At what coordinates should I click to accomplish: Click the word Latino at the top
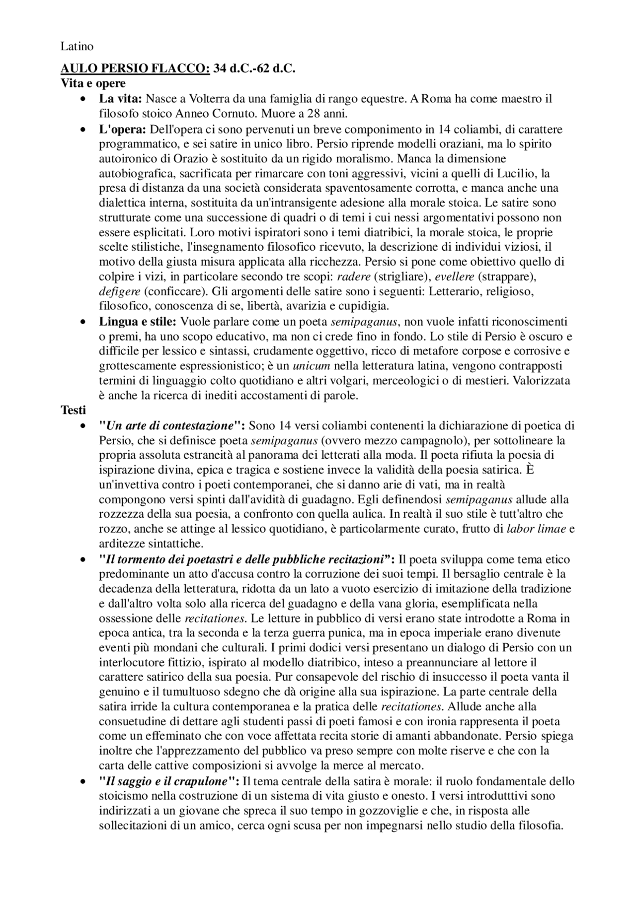pos(77,47)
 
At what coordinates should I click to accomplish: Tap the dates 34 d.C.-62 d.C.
pos(254,69)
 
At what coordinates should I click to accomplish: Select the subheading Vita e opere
pos(93,83)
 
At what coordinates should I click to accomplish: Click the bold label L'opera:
pos(122,130)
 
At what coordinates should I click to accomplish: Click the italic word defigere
pos(119,291)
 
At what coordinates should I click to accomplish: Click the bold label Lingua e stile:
pos(138,322)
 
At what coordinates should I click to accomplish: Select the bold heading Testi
pos(73,410)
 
